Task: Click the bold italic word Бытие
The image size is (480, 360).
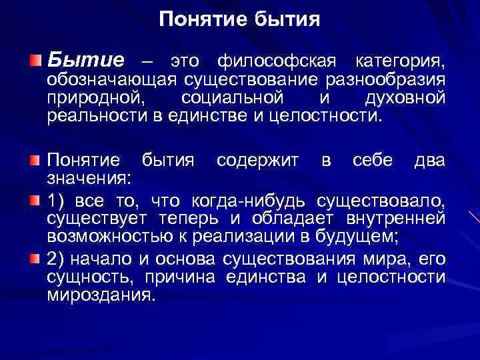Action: coord(85,61)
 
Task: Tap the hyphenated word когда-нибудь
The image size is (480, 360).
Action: coord(249,200)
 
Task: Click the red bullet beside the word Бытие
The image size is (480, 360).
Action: coord(35,62)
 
